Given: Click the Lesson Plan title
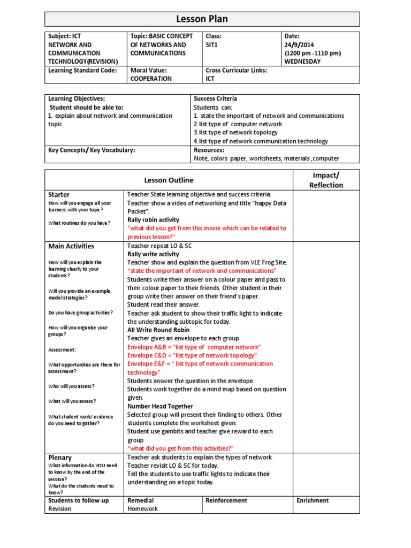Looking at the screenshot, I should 202,19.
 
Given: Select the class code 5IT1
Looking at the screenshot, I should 214,45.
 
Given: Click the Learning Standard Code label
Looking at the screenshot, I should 82,70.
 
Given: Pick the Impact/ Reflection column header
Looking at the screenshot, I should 326,180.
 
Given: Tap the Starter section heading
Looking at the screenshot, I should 59,195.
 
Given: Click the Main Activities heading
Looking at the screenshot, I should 71,246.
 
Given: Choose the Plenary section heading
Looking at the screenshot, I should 60,458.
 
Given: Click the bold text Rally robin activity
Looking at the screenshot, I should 153,220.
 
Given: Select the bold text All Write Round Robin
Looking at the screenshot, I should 158,330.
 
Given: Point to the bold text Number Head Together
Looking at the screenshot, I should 160,406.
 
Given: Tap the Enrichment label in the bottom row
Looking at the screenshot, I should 313,500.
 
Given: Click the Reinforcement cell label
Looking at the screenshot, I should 226,500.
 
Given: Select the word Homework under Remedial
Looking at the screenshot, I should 142,509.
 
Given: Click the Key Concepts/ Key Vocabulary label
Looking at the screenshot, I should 92,150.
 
